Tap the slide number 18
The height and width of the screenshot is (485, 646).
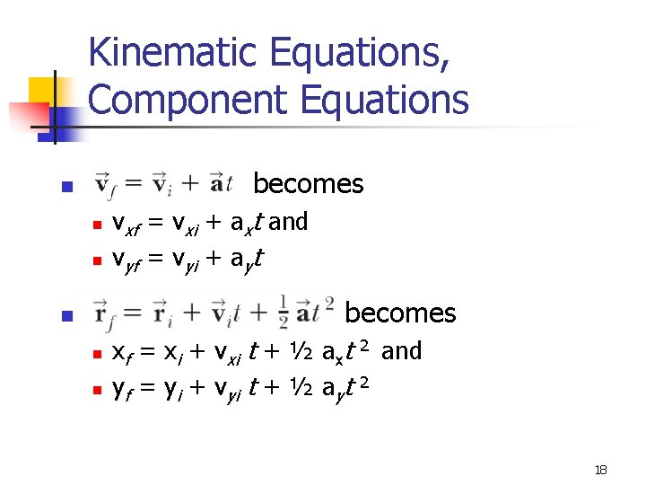[x=601, y=471]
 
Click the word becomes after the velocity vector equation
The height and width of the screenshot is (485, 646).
[x=308, y=184]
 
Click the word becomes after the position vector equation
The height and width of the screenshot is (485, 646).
[x=400, y=313]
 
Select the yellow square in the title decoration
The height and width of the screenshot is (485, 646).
[x=42, y=91]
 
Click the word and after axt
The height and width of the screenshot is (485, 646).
[x=288, y=222]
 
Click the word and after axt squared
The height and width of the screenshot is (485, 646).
[x=401, y=350]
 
